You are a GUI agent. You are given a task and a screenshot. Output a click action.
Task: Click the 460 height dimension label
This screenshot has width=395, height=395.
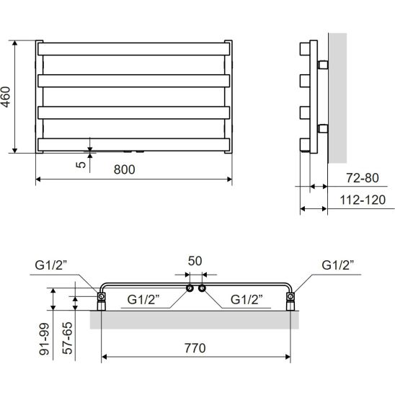5,97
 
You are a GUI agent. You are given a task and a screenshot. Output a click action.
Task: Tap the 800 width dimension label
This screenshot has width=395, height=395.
125,169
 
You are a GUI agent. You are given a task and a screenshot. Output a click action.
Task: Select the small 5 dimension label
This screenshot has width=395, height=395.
81,165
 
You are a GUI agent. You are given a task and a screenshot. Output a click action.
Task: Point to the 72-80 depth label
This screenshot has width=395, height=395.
363,178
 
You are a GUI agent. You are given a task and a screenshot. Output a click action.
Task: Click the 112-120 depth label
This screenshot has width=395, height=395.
363,200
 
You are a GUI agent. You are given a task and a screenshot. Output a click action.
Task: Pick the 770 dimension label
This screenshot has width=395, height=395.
195,348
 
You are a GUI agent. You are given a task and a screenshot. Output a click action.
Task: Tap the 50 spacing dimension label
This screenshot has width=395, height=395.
195,261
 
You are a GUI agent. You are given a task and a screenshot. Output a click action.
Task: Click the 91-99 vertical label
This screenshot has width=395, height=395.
45,339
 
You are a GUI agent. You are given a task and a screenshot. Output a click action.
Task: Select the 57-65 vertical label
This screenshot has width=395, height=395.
67,338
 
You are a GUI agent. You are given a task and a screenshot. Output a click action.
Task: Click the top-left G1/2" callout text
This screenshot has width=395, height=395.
51,265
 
